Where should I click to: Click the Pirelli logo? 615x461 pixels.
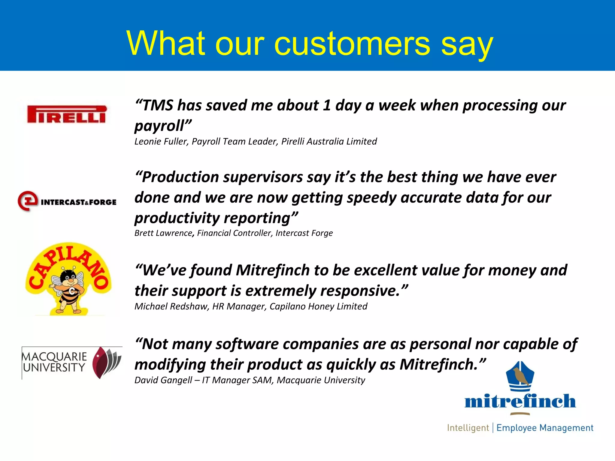(67, 114)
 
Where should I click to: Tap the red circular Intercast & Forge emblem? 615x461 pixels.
(28, 201)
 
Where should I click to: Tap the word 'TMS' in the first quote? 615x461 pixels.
(158, 106)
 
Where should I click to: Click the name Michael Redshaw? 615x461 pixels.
(171, 306)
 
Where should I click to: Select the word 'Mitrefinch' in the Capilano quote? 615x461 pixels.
(273, 270)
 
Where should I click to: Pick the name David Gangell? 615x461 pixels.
(163, 380)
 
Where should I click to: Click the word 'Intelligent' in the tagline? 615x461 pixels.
(468, 428)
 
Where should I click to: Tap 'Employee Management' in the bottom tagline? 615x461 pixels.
(545, 428)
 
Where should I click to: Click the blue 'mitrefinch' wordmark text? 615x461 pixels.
(520, 401)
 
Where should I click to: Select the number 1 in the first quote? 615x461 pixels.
(327, 106)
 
